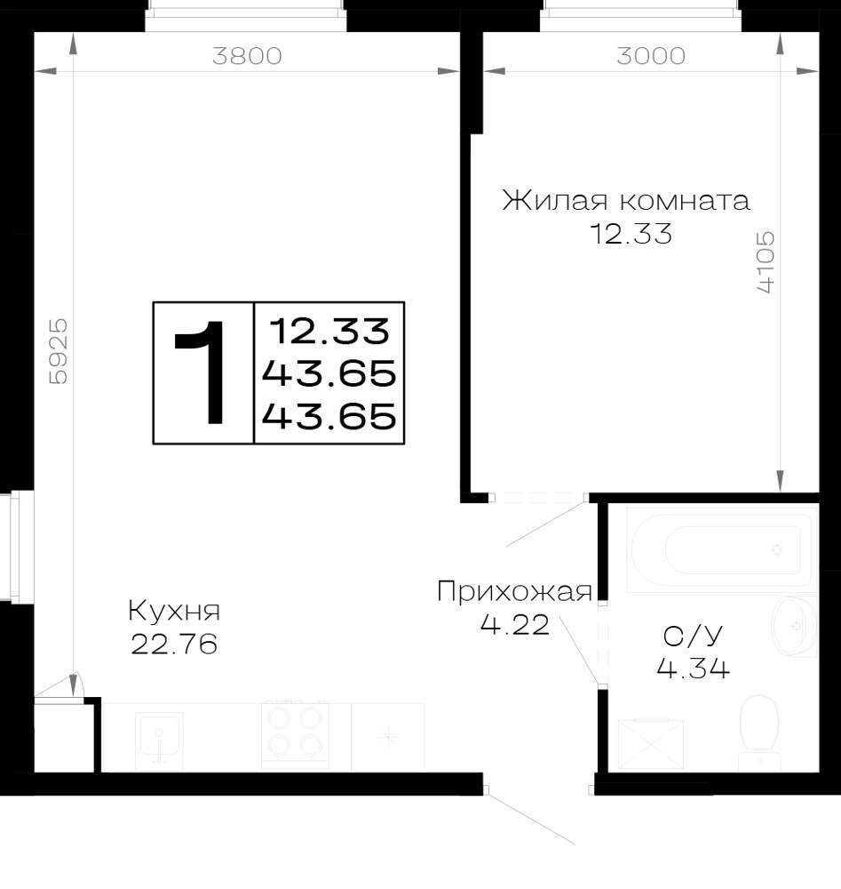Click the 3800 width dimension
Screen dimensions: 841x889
pyautogui.click(x=247, y=56)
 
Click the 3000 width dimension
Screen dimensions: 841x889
pyautogui.click(x=651, y=56)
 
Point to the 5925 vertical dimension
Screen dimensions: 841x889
pyautogui.click(x=59, y=351)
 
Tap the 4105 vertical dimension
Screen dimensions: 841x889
pyautogui.click(x=765, y=261)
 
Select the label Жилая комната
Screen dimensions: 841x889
pyautogui.click(x=626, y=200)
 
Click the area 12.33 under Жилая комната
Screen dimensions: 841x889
pyautogui.click(x=631, y=234)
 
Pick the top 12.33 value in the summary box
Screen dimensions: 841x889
pyautogui.click(x=329, y=331)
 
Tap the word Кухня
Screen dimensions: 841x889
pyautogui.click(x=174, y=612)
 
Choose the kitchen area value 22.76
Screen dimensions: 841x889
pyautogui.click(x=174, y=644)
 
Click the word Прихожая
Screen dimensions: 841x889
pyautogui.click(x=514, y=592)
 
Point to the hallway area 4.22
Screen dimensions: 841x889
pyautogui.click(x=515, y=624)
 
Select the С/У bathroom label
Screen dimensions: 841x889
pyautogui.click(x=694, y=637)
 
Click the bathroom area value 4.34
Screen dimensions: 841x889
pyautogui.click(x=694, y=669)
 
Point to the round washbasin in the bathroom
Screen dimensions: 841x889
pyautogui.click(x=794, y=626)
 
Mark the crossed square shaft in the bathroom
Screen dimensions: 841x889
pyautogui.click(x=651, y=744)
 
